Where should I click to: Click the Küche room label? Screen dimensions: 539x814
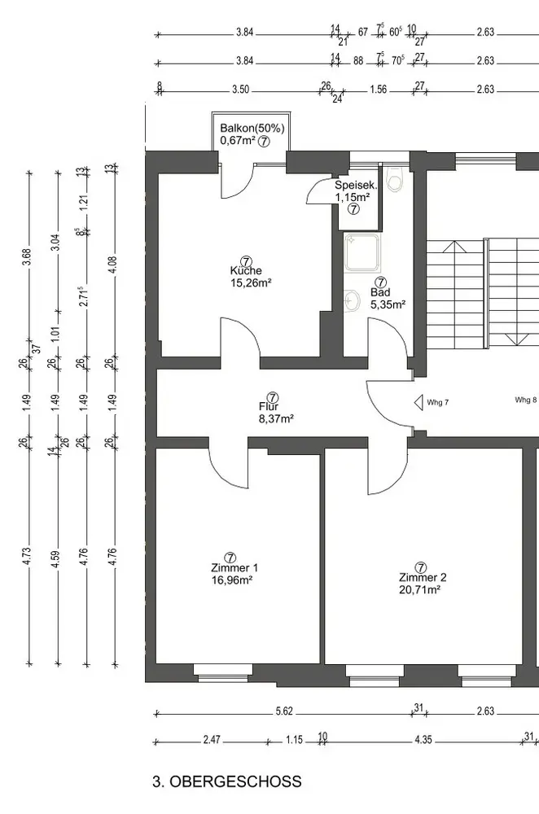246,271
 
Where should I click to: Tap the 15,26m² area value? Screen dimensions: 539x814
251,283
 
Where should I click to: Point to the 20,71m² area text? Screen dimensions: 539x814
421,589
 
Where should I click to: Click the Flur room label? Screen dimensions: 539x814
269,406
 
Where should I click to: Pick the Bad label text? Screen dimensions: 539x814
380,291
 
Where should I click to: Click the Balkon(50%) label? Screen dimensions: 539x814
252,129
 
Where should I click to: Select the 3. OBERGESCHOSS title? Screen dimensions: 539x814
226,782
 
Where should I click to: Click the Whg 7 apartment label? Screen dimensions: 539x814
438,402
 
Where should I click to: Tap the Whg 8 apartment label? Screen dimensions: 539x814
525,400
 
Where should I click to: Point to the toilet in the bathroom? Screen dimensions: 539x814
395,179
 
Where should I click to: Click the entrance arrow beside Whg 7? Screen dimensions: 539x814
418,402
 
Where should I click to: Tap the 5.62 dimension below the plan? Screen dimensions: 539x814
284,711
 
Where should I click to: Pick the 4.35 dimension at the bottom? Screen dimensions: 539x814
423,740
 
